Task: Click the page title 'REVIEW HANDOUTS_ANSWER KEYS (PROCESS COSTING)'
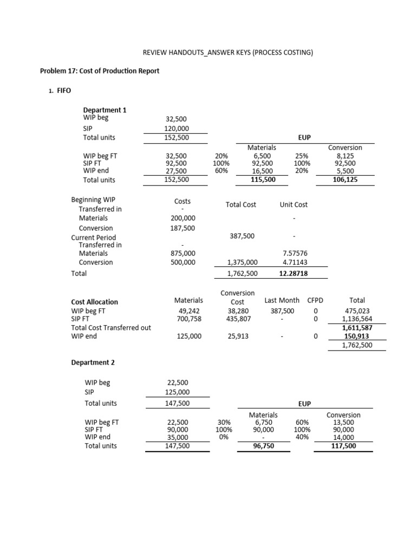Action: pyautogui.click(x=227, y=52)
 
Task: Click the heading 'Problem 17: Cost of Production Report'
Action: pyautogui.click(x=100, y=71)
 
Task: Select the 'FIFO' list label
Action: pyautogui.click(x=64, y=91)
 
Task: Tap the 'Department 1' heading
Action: pyautogui.click(x=105, y=110)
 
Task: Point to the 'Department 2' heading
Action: pyautogui.click(x=93, y=362)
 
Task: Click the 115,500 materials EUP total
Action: pyautogui.click(x=262, y=180)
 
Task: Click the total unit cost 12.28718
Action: pyautogui.click(x=293, y=274)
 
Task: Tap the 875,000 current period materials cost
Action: pyautogui.click(x=183, y=253)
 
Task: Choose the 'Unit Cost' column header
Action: pyautogui.click(x=294, y=205)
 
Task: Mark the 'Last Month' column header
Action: pyautogui.click(x=282, y=300)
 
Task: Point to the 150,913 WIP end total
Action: pyautogui.click(x=359, y=337)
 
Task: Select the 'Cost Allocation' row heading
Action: pyautogui.click(x=95, y=302)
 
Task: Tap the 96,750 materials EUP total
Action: pyautogui.click(x=263, y=446)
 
